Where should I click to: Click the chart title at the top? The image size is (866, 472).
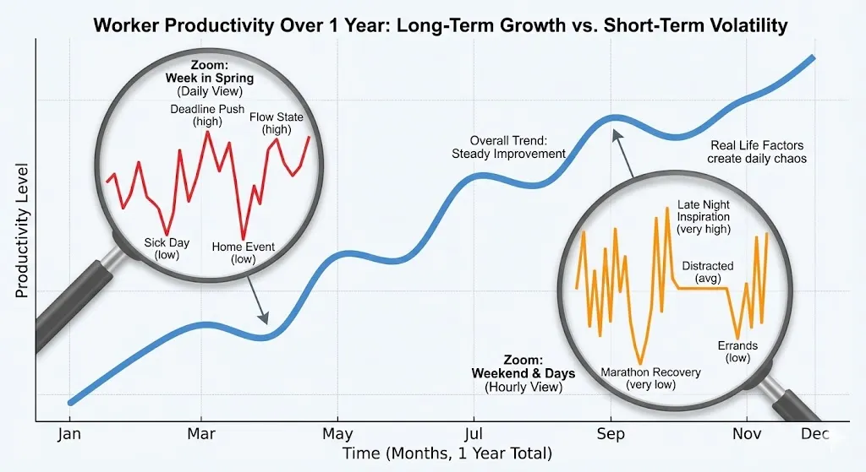tap(440, 25)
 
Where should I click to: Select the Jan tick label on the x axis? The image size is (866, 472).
tap(69, 435)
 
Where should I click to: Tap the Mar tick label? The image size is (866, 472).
tap(201, 435)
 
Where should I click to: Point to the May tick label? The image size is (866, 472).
tap(337, 435)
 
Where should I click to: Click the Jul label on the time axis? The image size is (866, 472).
tap(474, 435)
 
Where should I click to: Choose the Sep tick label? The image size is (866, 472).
tap(610, 435)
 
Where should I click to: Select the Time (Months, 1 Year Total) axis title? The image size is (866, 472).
tap(447, 454)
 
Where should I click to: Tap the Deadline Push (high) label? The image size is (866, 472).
tap(207, 116)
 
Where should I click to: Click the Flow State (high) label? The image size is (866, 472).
tap(276, 123)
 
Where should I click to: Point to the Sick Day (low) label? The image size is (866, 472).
tap(167, 248)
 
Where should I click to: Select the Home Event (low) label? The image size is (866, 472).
tap(243, 253)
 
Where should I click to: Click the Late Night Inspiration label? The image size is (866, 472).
tap(704, 216)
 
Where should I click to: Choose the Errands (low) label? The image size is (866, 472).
tap(737, 351)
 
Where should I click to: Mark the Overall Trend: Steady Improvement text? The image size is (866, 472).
tap(508, 147)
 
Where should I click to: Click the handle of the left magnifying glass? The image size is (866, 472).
tap(68, 304)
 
